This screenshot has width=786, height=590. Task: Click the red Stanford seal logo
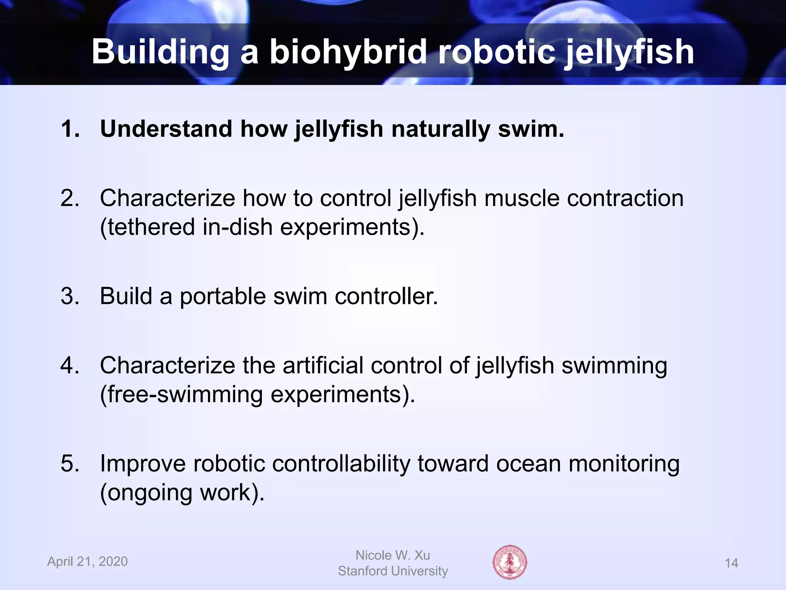tap(510, 562)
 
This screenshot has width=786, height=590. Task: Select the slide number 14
tap(731, 563)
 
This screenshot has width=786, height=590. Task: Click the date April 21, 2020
tap(88, 562)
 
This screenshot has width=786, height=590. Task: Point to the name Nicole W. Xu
tap(393, 555)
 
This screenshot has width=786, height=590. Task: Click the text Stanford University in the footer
tap(393, 571)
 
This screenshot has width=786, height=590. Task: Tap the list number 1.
tap(70, 129)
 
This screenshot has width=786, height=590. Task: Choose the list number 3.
tap(70, 296)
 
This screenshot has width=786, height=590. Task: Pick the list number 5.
tap(70, 463)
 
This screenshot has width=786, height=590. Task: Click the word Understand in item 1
tap(166, 129)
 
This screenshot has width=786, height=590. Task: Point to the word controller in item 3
tap(386, 296)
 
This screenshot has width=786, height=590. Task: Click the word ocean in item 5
tap(528, 463)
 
